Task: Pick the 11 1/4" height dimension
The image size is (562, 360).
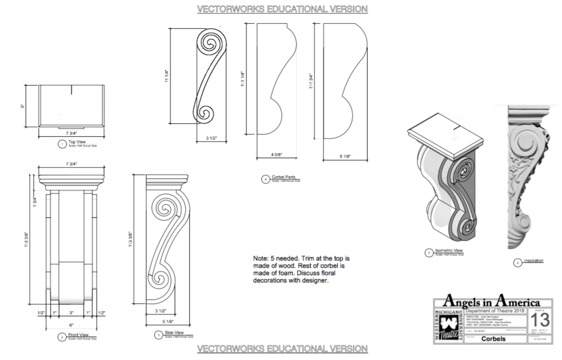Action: tap(167, 75)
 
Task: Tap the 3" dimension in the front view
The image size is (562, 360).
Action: tap(71, 313)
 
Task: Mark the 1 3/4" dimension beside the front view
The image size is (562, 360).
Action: tap(35, 202)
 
